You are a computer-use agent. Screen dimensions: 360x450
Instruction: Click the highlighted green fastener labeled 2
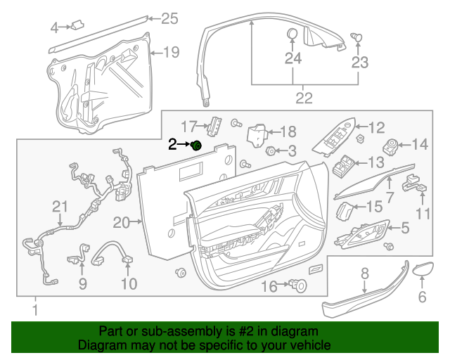coord(197,145)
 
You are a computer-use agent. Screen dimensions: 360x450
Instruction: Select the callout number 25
coord(170,18)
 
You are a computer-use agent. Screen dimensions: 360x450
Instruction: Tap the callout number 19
coord(171,51)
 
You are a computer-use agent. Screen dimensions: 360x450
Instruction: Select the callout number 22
coord(303,98)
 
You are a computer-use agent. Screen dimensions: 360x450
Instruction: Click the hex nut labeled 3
coord(271,150)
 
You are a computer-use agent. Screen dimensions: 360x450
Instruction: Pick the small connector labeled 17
coord(213,125)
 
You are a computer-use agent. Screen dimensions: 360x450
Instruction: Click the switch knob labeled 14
coord(390,146)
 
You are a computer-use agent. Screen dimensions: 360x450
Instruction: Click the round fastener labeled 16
coord(299,285)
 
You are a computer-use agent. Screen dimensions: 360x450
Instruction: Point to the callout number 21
coord(60,206)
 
